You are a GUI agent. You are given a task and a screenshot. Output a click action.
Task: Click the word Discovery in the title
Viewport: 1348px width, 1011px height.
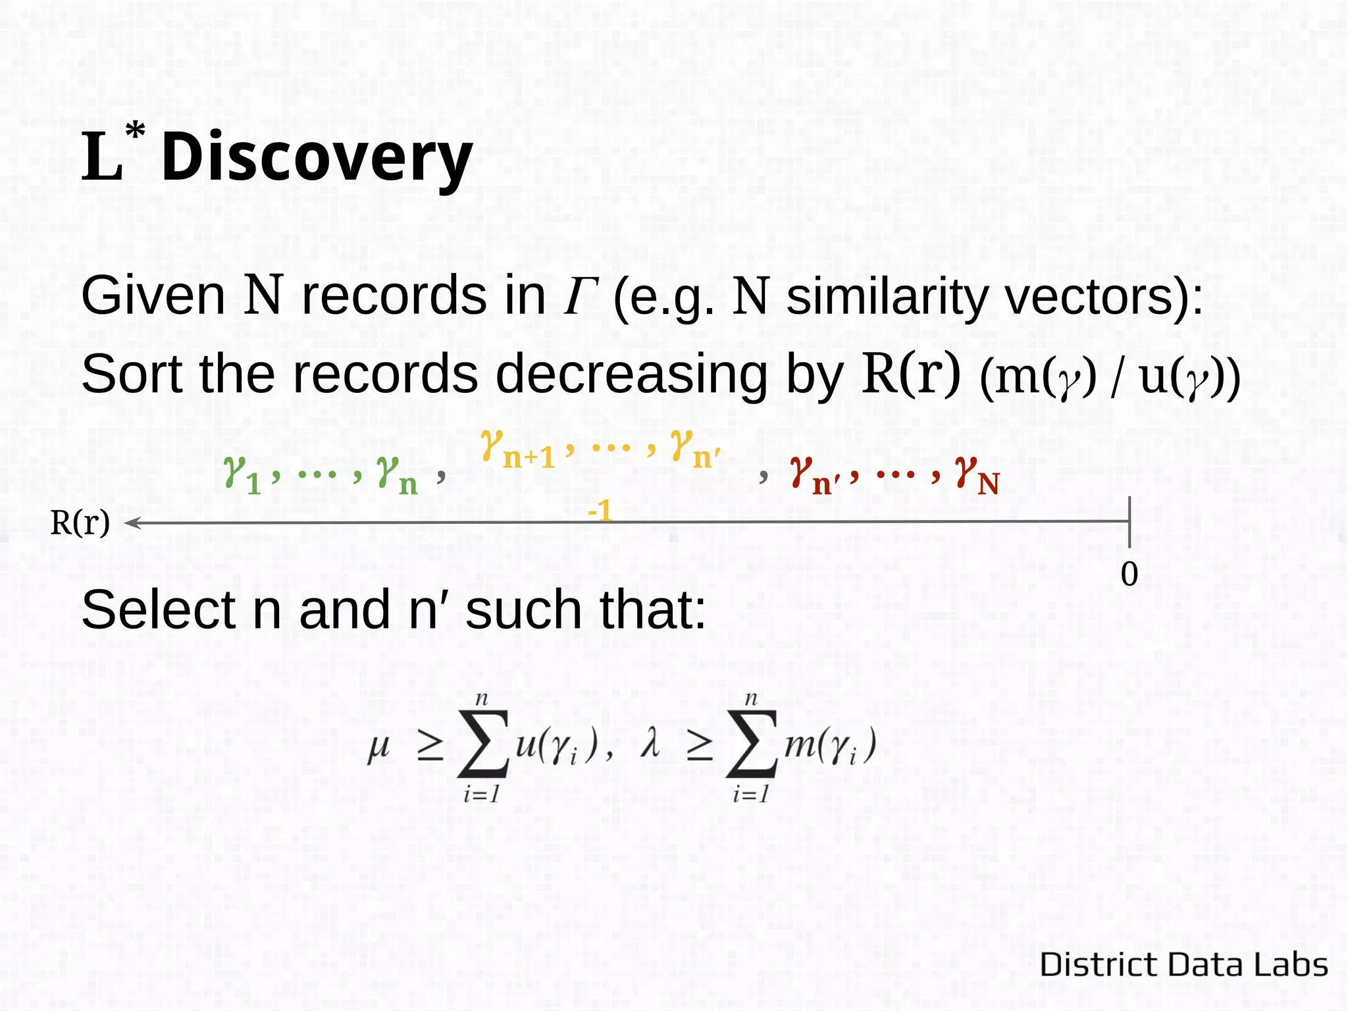pos(317,158)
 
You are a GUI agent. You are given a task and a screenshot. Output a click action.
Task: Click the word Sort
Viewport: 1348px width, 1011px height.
pos(132,374)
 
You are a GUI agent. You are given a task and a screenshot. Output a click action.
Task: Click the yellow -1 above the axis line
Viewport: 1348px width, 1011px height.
pos(600,511)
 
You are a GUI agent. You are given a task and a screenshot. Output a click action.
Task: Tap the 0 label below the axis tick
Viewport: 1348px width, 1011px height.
pos(1129,574)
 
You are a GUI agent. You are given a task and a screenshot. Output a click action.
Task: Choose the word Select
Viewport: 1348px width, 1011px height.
pos(158,609)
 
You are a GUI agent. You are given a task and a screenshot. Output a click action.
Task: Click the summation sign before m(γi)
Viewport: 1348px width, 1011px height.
pos(752,744)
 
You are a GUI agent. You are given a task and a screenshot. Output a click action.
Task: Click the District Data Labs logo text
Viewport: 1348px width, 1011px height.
pos(1183,964)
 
